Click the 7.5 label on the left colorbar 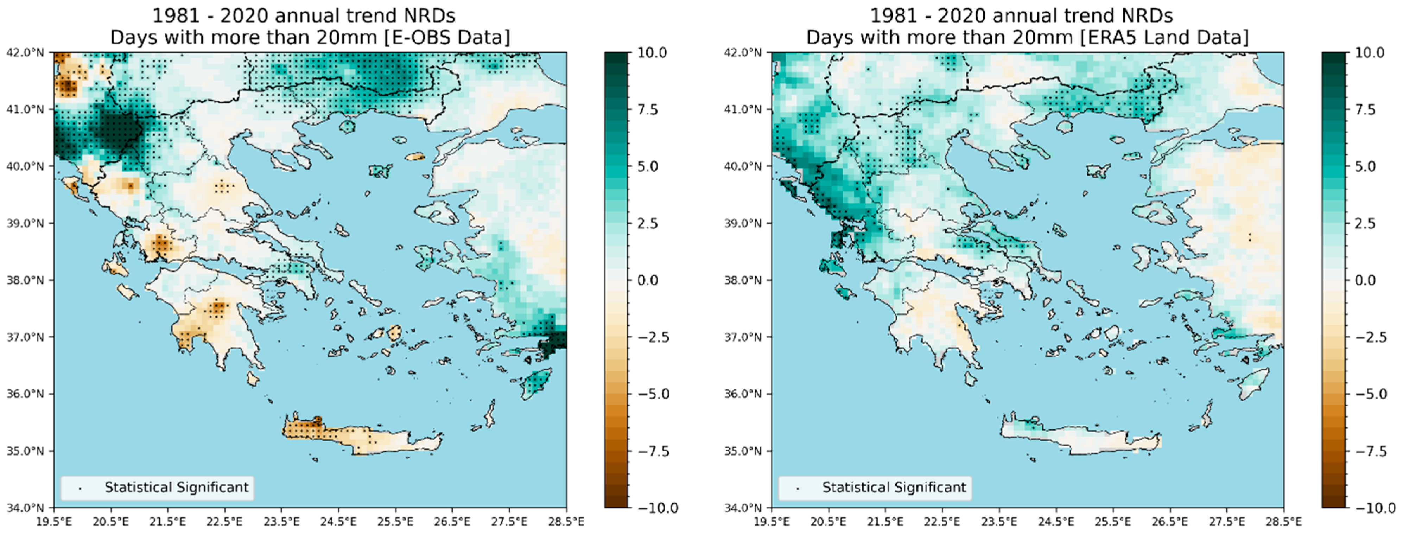click(x=648, y=109)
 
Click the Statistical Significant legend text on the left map click(x=176, y=487)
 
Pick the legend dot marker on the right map click(x=798, y=489)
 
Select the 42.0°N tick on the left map click(x=25, y=53)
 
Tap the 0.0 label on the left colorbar click(x=648, y=280)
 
